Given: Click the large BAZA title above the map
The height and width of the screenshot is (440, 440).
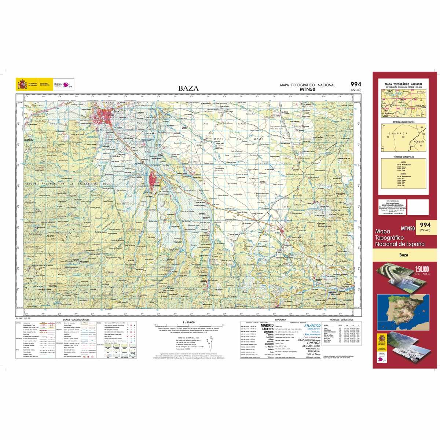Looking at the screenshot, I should (x=188, y=88).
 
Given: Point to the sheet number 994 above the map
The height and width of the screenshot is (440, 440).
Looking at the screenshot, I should (x=355, y=84).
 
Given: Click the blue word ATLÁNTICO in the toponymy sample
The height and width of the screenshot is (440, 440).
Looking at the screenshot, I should (x=312, y=325).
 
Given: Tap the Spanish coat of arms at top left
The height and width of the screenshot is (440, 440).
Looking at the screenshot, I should (x=22, y=85).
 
